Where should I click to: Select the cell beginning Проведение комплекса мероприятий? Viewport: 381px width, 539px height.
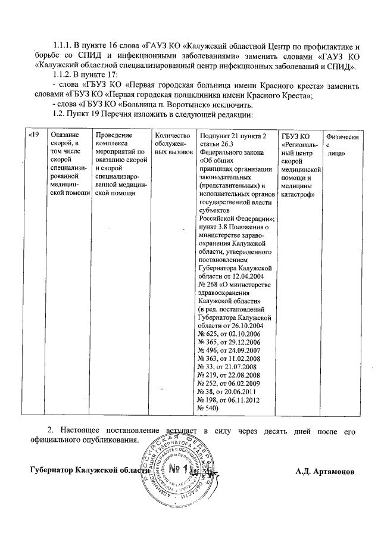121,164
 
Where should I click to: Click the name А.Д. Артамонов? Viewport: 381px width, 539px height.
325,471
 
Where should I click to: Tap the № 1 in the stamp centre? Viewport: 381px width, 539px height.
179,470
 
